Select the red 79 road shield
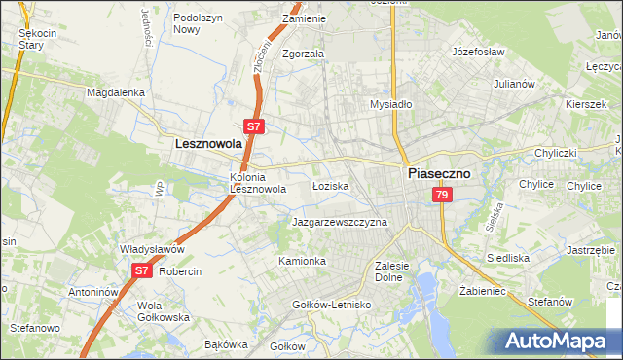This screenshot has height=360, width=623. coord(443,197)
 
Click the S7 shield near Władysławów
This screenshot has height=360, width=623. coord(141,270)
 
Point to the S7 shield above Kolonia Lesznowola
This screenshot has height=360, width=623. coord(252,126)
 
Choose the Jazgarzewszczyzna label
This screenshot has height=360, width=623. coord(340,222)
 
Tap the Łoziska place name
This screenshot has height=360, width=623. coord(330,185)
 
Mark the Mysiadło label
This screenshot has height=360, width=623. coord(391,104)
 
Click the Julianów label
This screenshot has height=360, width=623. coord(514,84)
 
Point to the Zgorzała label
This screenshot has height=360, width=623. coord(303,54)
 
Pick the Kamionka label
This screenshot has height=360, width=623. coord(302,262)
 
